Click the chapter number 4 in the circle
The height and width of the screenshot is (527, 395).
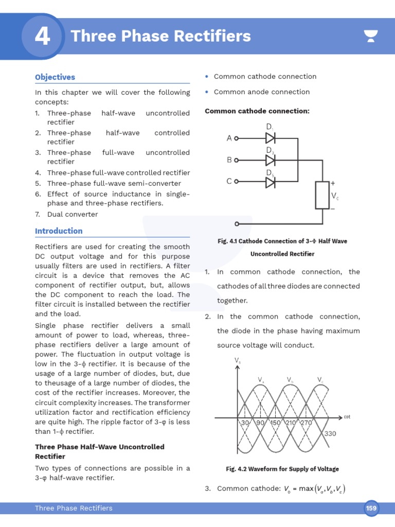coord(42,36)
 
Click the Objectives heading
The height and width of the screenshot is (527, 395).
coord(55,77)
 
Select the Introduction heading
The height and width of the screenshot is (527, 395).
coord(59,231)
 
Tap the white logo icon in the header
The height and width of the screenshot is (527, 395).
coord(370,36)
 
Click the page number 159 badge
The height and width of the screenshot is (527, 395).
coord(371,508)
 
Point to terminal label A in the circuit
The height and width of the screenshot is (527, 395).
coord(229,138)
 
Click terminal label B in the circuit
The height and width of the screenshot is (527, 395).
coord(229,160)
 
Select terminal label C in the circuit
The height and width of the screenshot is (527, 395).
coord(229,182)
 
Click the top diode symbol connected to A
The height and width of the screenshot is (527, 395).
coord(270,138)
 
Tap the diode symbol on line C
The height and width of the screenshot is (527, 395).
coord(270,182)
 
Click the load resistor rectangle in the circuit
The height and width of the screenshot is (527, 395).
coord(322,195)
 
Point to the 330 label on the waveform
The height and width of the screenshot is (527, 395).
coord(330,434)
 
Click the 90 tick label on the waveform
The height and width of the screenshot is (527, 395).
coord(260,423)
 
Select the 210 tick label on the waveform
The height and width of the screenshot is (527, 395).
coord(292,423)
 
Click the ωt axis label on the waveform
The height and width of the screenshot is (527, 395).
coord(347,416)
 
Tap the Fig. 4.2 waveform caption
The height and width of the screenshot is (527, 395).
coord(282,469)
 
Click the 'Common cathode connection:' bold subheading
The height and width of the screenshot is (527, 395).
coord(257,111)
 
